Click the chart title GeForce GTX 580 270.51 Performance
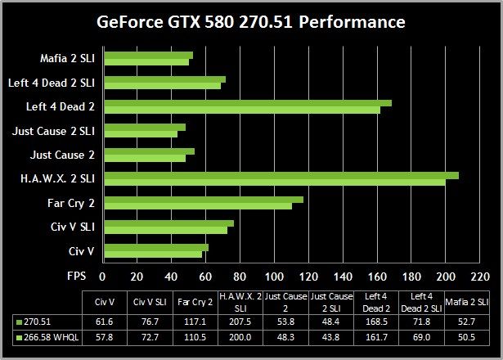(252, 21)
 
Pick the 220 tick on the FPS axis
(479, 276)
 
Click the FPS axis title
(76, 276)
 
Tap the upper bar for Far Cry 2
(204, 198)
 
